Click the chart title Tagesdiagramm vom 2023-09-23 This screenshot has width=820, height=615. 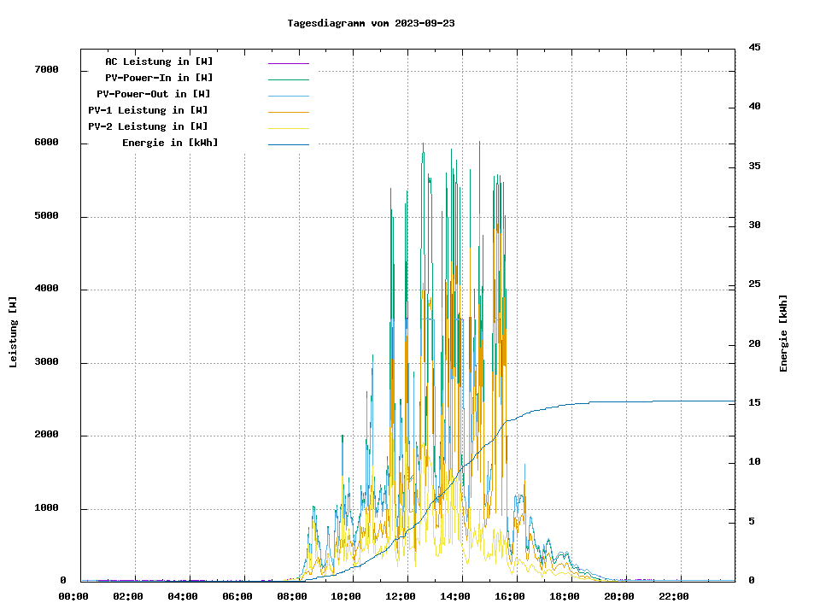click(371, 23)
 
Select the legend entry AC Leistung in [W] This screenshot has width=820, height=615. click(159, 61)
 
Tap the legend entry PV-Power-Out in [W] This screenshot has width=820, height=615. click(155, 94)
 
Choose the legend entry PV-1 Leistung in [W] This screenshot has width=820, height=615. click(148, 110)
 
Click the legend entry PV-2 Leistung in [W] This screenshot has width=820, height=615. click(148, 126)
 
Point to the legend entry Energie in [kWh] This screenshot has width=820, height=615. click(170, 143)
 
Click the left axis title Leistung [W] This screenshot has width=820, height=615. click(14, 331)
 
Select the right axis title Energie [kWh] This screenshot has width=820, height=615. click(783, 333)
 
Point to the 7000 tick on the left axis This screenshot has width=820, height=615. click(46, 70)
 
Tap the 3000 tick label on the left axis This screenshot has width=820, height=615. click(46, 362)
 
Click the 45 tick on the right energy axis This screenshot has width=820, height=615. click(754, 47)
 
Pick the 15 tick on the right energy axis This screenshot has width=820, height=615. click(754, 402)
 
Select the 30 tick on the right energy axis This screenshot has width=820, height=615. click(754, 225)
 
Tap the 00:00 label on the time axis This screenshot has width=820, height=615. click(73, 596)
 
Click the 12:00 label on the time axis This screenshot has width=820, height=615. click(401, 596)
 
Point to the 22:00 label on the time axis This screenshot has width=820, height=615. click(673, 596)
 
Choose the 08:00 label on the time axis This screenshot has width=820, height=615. click(292, 596)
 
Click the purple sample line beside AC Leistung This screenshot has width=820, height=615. click(288, 62)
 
